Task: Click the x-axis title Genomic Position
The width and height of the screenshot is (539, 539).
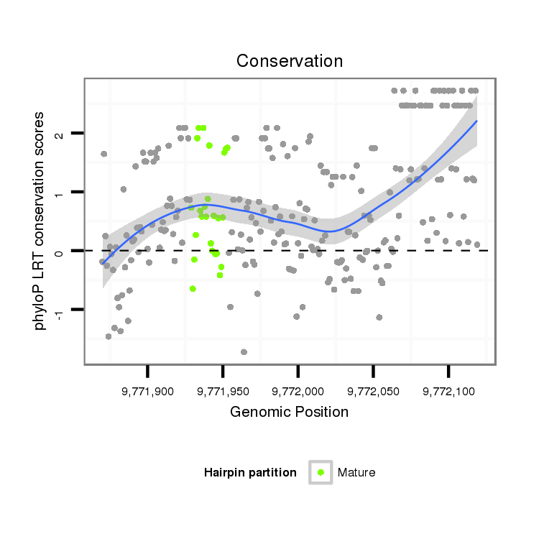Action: click(x=289, y=412)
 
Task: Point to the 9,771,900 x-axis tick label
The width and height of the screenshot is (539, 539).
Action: click(x=147, y=392)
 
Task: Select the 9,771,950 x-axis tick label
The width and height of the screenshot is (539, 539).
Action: click(x=223, y=392)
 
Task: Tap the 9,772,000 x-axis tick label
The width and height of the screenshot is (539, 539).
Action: click(x=298, y=392)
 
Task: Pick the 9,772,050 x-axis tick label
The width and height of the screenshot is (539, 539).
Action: click(x=373, y=392)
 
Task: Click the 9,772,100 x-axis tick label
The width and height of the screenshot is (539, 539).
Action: click(x=448, y=392)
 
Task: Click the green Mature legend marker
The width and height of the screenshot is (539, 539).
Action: click(x=321, y=472)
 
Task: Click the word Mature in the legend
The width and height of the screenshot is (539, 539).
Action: click(x=356, y=472)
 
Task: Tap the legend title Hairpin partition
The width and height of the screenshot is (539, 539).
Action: click(x=250, y=472)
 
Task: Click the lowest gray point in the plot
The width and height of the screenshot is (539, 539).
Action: click(x=244, y=352)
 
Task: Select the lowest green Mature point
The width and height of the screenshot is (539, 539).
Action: click(x=193, y=289)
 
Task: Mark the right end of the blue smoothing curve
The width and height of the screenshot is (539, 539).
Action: click(x=476, y=121)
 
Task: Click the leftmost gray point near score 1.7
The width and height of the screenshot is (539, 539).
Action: click(x=104, y=154)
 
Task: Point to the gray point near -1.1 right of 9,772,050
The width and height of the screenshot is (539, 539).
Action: click(x=379, y=317)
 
